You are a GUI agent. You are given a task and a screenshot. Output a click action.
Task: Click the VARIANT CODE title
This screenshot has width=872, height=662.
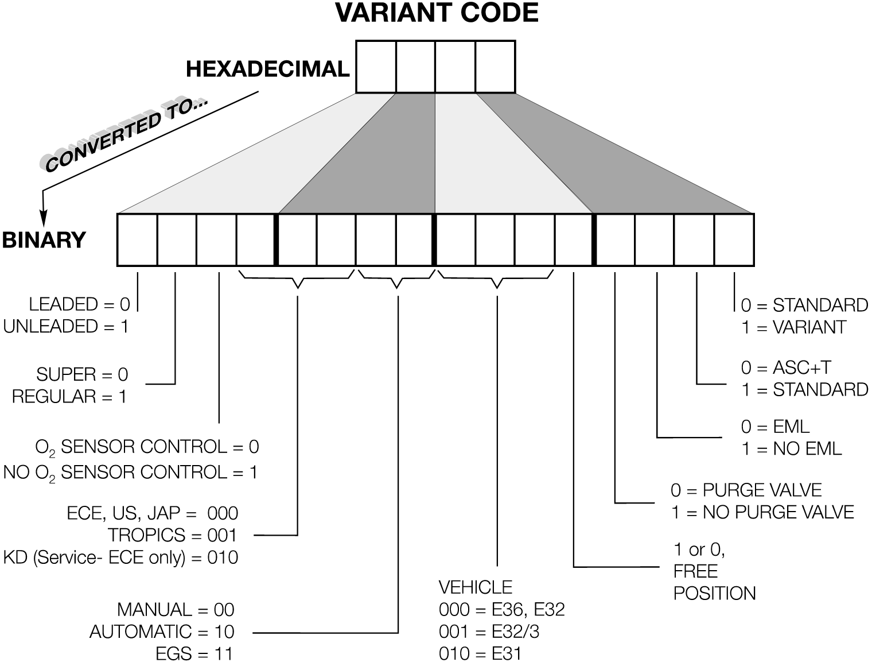437,13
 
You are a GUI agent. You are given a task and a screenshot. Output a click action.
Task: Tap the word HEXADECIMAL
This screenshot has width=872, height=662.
267,69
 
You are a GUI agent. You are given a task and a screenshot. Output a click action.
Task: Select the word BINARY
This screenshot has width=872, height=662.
44,239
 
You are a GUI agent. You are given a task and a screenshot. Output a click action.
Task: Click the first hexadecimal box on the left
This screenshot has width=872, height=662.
376,67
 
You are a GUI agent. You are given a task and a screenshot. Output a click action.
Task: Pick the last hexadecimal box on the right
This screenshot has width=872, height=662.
495,67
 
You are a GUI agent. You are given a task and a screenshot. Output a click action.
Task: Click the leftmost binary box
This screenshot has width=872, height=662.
137,240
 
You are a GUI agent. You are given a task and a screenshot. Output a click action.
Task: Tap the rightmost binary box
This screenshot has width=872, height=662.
734,240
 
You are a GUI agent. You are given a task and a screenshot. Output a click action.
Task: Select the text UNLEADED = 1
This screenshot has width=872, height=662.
66,327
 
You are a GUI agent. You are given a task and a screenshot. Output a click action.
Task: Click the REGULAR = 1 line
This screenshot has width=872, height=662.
69,397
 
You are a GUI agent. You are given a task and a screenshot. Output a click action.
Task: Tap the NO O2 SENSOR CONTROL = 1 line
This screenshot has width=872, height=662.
130,473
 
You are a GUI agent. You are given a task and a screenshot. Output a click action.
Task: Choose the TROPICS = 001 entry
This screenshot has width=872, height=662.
172,535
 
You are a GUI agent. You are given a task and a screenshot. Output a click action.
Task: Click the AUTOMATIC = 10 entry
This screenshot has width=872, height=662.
162,632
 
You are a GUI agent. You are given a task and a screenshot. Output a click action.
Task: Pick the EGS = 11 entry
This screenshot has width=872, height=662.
194,653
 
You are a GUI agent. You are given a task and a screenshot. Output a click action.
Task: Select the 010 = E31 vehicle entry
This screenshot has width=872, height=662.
480,653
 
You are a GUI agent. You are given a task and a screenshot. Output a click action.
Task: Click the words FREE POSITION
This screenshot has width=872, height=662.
714,582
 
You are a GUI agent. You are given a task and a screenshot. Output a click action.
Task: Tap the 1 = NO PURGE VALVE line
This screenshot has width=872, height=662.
762,512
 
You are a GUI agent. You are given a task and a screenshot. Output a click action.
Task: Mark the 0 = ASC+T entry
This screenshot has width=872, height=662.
786,367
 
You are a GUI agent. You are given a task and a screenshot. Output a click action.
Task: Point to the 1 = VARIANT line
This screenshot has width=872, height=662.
793,327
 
